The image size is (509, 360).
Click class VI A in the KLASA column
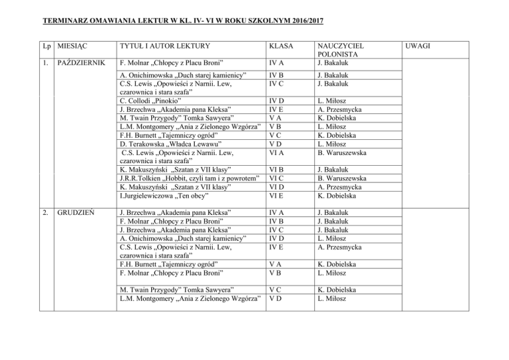coord(275,152)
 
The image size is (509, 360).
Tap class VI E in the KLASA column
coord(275,196)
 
